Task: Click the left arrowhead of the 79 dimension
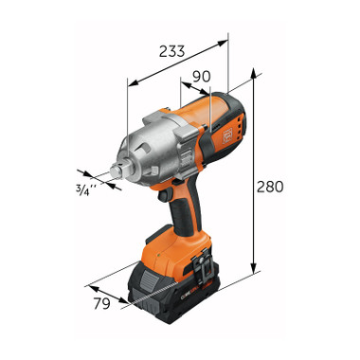pos(88,283)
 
